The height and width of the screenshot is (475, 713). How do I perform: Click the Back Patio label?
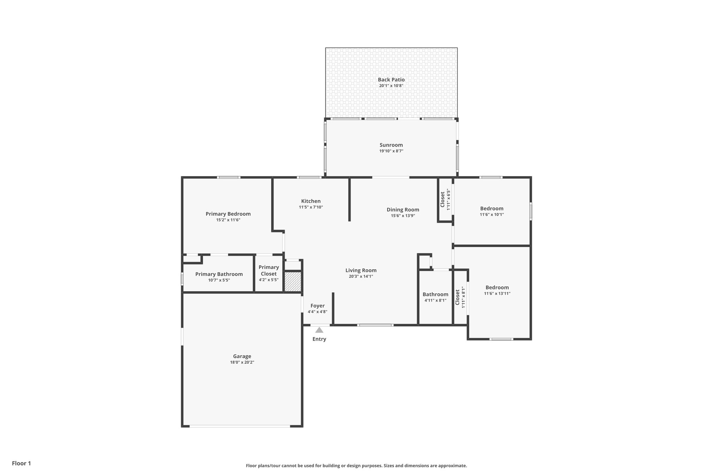click(x=391, y=80)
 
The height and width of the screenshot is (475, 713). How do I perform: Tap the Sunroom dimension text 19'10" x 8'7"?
click(x=391, y=151)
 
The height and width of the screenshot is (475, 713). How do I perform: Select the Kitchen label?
click(x=311, y=201)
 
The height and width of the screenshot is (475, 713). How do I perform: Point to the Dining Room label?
click(x=402, y=209)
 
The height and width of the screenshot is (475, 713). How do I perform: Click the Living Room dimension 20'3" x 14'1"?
click(x=361, y=276)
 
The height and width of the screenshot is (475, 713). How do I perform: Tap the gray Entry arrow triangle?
click(x=319, y=330)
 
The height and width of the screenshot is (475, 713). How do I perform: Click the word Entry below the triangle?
click(x=319, y=339)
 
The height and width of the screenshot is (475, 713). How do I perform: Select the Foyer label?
click(x=317, y=306)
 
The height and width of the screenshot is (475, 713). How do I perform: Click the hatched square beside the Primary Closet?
click(x=293, y=282)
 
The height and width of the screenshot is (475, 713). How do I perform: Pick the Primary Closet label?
click(x=268, y=270)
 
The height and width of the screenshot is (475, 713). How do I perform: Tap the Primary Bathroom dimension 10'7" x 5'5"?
click(x=219, y=280)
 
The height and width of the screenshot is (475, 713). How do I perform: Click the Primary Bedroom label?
click(x=228, y=214)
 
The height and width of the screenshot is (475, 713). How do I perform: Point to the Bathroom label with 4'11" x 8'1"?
click(x=435, y=294)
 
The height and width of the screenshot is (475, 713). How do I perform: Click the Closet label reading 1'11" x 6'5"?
click(x=442, y=199)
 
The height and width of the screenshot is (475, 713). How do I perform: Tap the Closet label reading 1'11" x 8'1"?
click(x=457, y=297)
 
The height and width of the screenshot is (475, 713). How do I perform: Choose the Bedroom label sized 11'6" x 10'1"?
click(x=492, y=208)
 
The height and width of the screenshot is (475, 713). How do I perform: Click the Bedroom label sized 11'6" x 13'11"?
click(x=497, y=287)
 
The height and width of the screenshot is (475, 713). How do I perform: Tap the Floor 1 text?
click(x=21, y=463)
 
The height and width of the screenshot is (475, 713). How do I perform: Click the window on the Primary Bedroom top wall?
click(x=228, y=177)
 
